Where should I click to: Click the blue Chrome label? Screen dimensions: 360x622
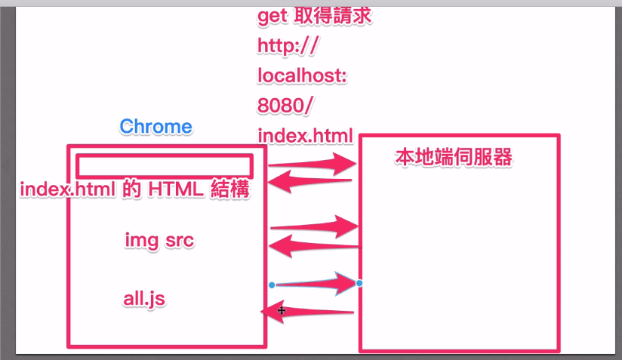click(x=155, y=126)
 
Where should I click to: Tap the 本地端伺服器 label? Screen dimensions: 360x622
click(x=454, y=157)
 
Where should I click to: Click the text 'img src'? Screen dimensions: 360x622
click(x=159, y=241)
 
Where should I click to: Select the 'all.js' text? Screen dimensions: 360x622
click(x=144, y=299)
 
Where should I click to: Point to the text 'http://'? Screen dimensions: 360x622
click(x=289, y=46)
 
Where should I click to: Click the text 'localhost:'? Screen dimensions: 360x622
click(x=302, y=76)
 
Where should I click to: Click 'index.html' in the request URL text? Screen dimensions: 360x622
click(x=305, y=137)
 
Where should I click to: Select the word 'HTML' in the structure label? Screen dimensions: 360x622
click(x=175, y=189)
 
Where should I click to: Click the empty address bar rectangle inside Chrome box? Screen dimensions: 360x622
click(x=165, y=166)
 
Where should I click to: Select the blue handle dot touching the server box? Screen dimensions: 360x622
click(x=359, y=283)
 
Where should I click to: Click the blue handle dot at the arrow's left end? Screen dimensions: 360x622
click(x=271, y=285)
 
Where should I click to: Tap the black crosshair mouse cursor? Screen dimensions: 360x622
click(x=281, y=310)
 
